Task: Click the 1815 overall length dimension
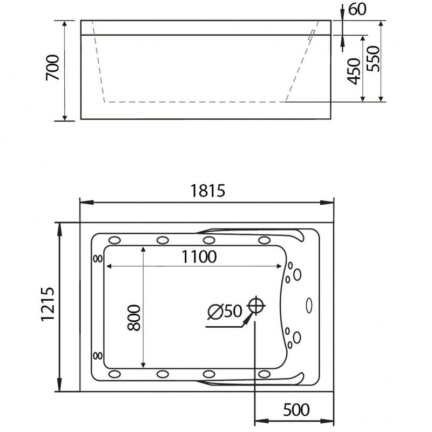[208, 191]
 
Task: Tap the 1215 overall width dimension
[48, 304]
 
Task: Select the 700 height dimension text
[52, 67]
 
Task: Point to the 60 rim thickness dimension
[357, 9]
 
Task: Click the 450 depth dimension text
[354, 71]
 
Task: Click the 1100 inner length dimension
[199, 257]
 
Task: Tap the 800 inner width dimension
[134, 318]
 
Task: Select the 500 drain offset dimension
[296, 410]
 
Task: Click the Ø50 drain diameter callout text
[225, 312]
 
